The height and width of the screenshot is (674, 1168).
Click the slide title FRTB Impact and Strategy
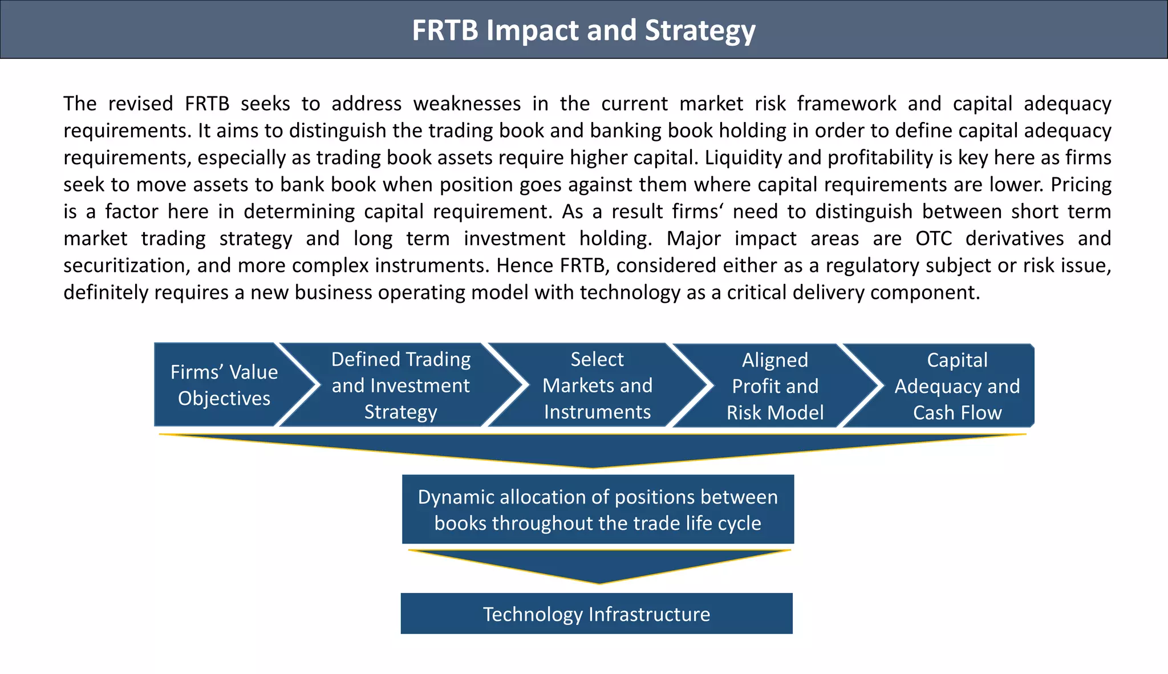coord(583,30)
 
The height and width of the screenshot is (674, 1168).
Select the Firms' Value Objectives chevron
coord(224,385)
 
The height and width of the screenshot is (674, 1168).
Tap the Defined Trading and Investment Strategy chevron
coord(400,385)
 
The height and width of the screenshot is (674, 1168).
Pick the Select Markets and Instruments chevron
coord(597,385)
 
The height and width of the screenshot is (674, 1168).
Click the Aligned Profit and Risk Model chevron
coord(774,386)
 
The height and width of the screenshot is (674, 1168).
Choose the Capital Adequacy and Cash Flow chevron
coord(956,386)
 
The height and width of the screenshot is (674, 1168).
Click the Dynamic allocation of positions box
coord(598,509)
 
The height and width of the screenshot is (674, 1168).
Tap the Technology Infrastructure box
coord(597,614)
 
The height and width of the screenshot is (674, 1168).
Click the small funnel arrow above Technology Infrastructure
coord(599,565)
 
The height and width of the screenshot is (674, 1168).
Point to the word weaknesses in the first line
coord(467,104)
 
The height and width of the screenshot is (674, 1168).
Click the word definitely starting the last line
coord(106,293)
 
